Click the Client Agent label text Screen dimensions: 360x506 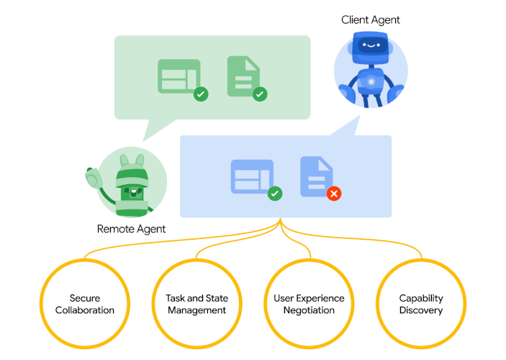370,20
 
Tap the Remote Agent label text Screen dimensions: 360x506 131,229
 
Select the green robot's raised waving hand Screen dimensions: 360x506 91,175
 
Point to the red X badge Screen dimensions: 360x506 334,194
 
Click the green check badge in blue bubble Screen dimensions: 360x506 274,194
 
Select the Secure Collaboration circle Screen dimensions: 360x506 85,305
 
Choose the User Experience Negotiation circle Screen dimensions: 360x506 309,305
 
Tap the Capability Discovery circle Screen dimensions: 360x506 421,305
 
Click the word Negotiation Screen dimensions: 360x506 309,311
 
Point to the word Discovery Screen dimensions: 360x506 421,311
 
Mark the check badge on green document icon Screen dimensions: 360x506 260,94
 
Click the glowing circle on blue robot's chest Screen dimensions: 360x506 371,82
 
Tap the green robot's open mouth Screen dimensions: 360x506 132,192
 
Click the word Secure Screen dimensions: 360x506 85,298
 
